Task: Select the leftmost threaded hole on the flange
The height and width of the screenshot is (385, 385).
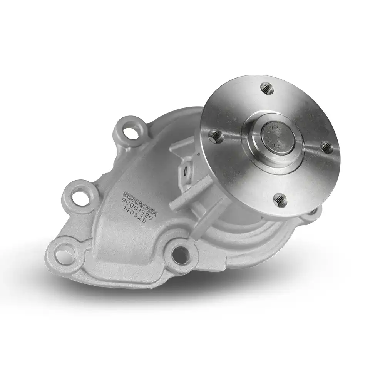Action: (x=215, y=135)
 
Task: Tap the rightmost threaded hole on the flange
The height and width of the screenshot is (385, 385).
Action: (x=326, y=147)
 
